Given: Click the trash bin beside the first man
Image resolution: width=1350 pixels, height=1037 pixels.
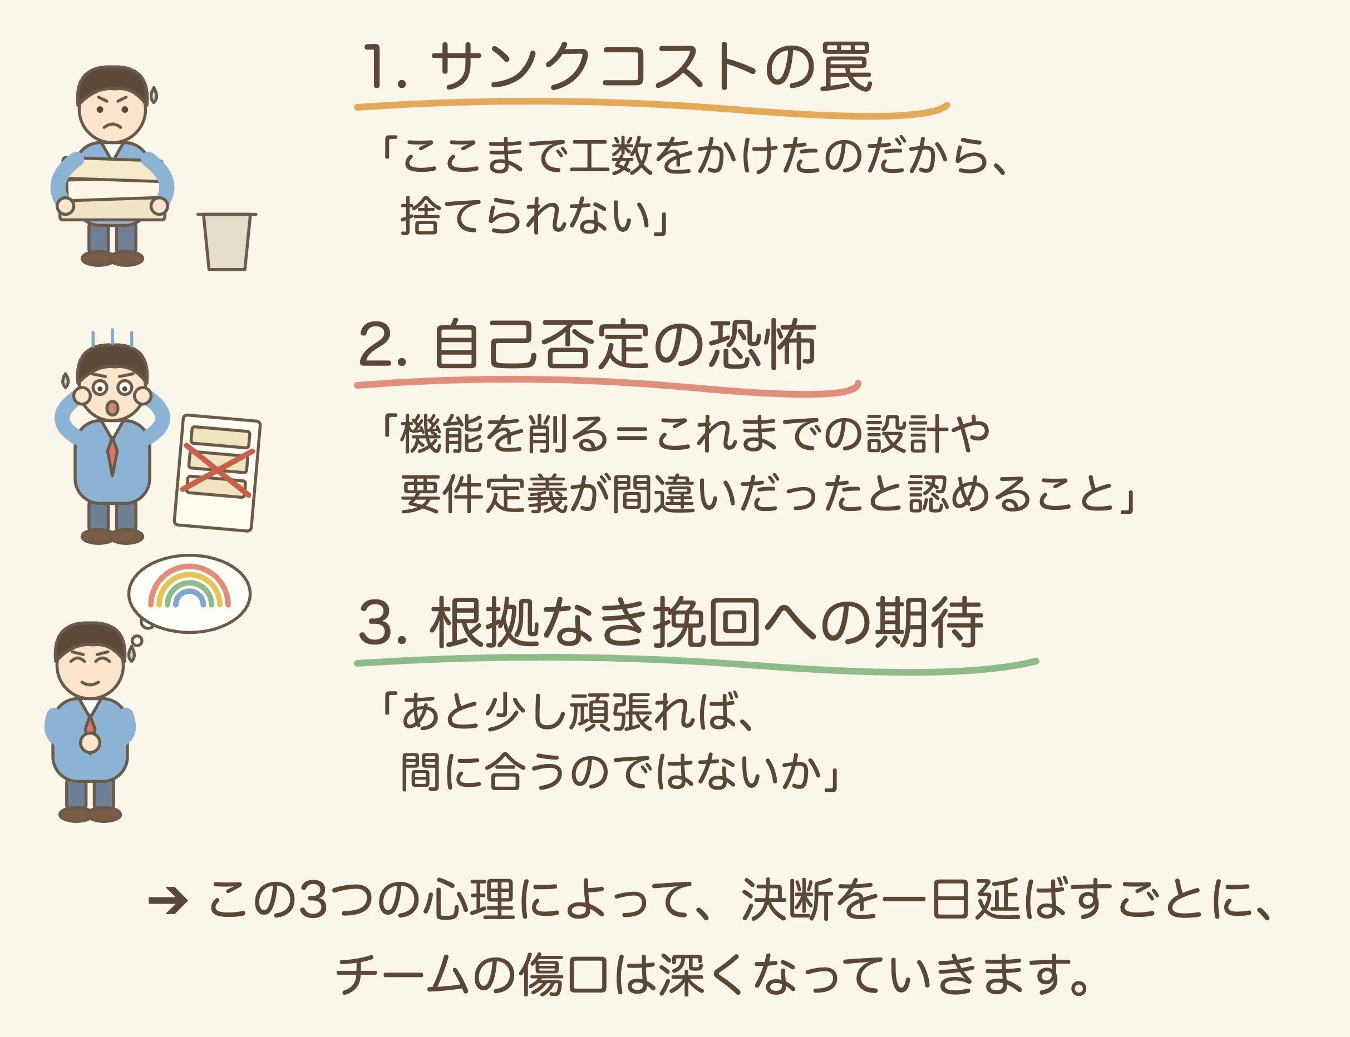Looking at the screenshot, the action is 226,241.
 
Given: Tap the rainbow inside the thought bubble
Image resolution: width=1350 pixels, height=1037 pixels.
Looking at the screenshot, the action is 190,586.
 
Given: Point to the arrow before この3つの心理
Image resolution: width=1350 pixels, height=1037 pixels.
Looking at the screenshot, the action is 167,902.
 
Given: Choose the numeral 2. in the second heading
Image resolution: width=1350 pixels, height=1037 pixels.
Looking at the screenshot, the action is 383,344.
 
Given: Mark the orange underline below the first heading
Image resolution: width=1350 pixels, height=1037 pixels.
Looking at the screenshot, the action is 652,108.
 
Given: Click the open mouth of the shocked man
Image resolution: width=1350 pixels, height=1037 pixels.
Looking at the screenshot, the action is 112,408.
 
